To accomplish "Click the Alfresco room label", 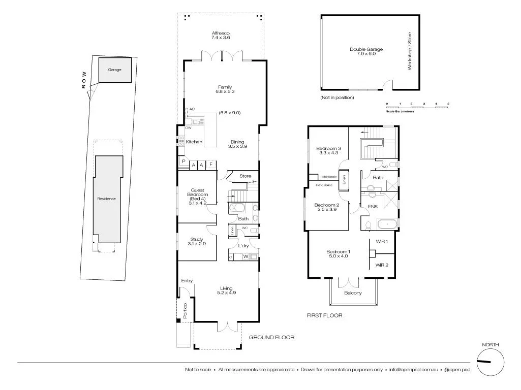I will click(x=221, y=34).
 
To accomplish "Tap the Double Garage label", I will click(x=366, y=49).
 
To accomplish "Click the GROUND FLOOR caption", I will click(x=271, y=337).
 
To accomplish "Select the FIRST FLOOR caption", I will click(x=324, y=315).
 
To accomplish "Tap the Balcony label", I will click(x=353, y=293).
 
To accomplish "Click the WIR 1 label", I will click(x=382, y=241).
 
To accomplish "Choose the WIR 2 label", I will click(x=382, y=265).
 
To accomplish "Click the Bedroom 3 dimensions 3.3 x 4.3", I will click(x=328, y=153).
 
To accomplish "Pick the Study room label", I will click(x=197, y=239).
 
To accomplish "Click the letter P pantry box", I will click(x=182, y=162).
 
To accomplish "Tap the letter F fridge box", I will click(x=210, y=165).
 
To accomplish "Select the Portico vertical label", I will click(x=186, y=310).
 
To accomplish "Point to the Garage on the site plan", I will click(x=114, y=70).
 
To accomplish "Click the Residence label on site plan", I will click(x=107, y=199).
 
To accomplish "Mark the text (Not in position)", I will click(x=336, y=97).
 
